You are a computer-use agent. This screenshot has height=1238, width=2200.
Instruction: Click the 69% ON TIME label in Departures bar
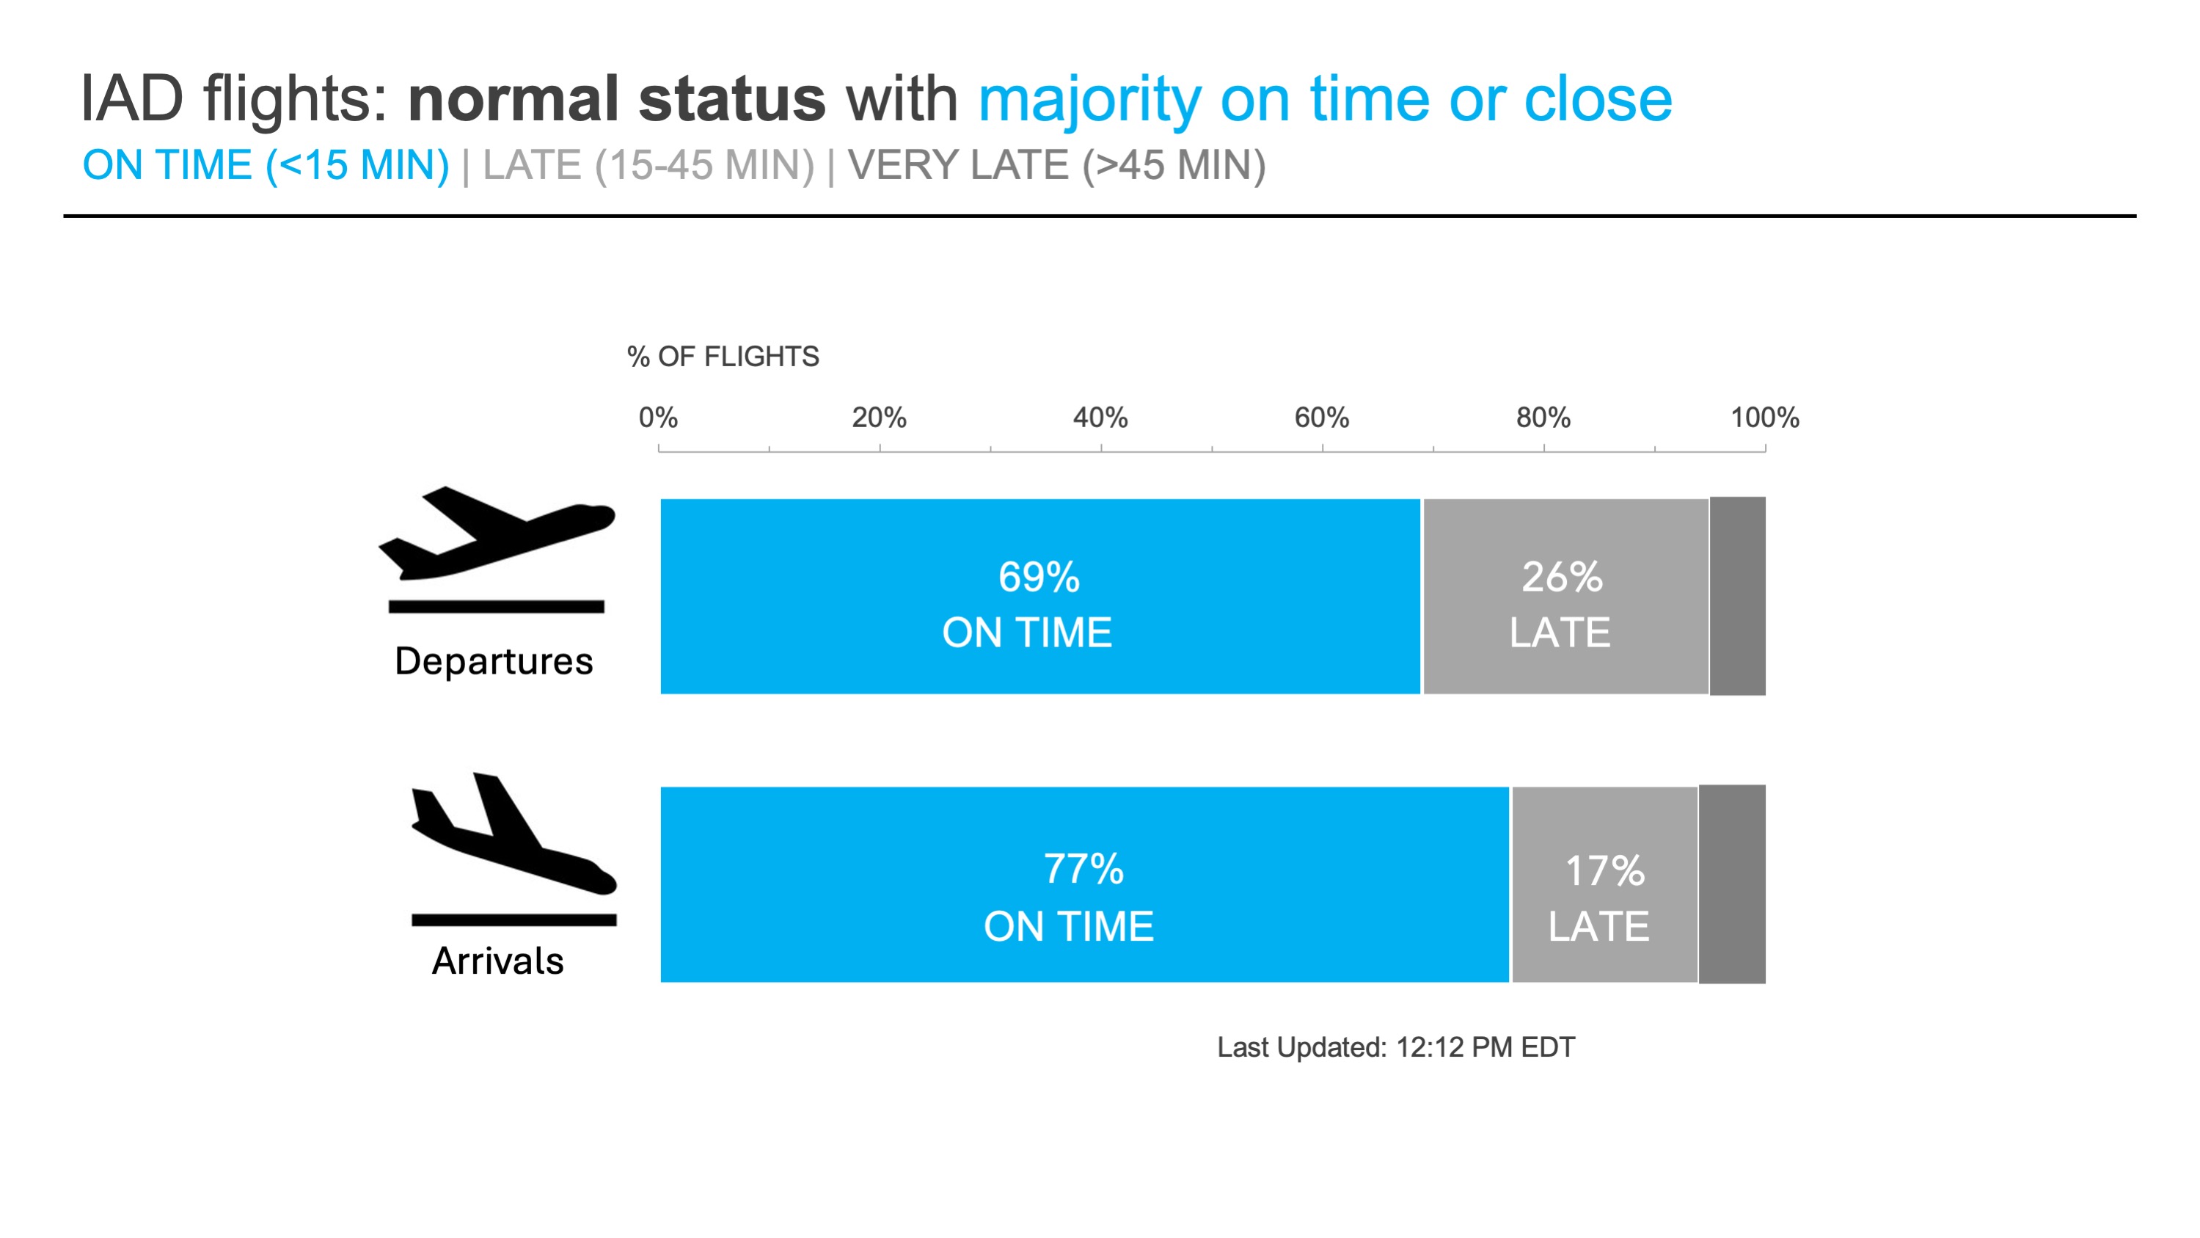1028,605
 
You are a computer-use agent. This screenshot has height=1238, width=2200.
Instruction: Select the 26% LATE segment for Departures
1565,597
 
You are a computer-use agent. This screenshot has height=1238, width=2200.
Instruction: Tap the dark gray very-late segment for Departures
1737,597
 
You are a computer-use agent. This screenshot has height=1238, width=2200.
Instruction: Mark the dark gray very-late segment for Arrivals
1732,884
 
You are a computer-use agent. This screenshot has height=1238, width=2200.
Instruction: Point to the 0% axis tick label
659,418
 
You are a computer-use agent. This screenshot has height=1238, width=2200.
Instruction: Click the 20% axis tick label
879,418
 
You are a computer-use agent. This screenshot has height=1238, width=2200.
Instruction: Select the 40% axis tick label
1100,418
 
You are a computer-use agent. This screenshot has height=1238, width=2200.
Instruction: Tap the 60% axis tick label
1322,418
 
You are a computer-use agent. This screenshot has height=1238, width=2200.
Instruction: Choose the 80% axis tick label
1543,418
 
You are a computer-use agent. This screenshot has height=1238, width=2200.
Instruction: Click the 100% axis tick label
1764,418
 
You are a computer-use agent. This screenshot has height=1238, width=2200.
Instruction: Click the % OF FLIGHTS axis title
723,356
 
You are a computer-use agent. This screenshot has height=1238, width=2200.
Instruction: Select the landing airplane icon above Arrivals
514,849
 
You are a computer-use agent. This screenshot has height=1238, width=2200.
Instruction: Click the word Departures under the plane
494,661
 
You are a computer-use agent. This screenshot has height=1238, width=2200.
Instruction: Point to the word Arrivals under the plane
498,961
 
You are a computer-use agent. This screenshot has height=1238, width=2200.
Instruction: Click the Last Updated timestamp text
1396,1047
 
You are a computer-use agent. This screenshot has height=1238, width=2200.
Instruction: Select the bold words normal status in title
617,99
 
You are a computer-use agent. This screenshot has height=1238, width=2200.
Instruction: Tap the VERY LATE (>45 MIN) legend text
1057,166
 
